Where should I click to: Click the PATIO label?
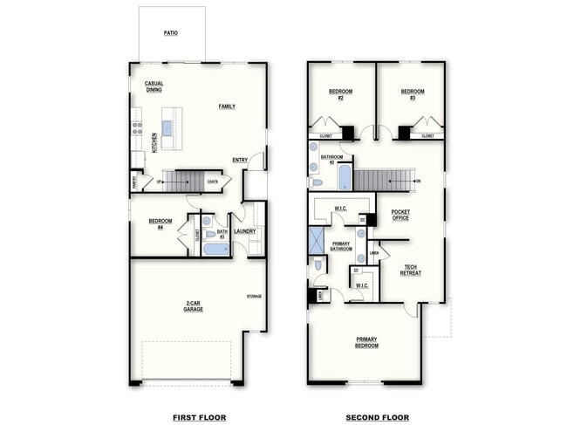[x=172, y=33]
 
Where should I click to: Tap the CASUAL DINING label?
[x=154, y=86]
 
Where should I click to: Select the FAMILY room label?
[x=227, y=106]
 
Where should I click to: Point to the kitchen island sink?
[x=167, y=128]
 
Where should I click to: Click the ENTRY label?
[x=240, y=160]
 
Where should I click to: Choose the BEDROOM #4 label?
[x=161, y=223]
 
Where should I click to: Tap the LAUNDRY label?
[x=244, y=231]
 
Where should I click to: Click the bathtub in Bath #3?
[x=215, y=249]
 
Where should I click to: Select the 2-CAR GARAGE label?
[x=194, y=307]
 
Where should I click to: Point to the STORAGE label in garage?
[x=254, y=297]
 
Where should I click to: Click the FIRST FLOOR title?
[x=199, y=417]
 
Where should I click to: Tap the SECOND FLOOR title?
[x=377, y=417]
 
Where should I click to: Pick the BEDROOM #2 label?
[x=340, y=93]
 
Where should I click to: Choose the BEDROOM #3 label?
[x=413, y=93]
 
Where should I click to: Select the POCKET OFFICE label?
[x=400, y=214]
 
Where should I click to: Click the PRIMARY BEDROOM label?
[x=367, y=342]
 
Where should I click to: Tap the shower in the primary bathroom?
[x=316, y=240]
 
